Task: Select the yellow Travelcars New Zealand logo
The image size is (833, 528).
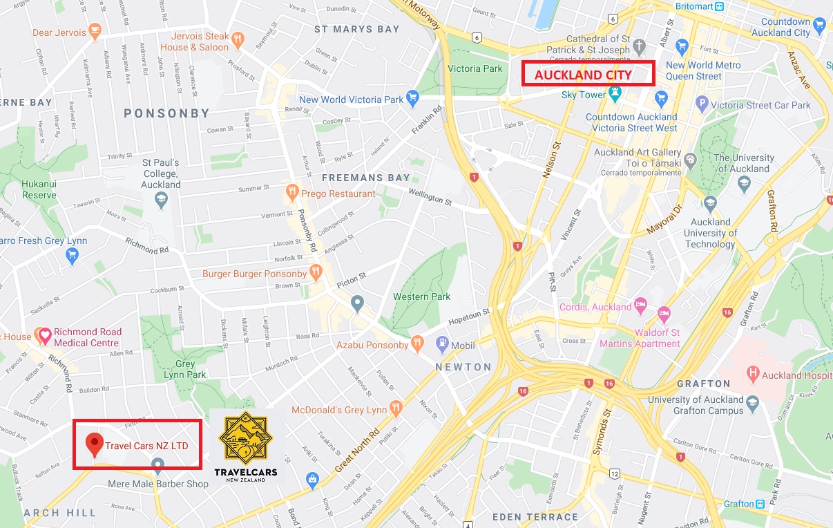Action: (247, 447)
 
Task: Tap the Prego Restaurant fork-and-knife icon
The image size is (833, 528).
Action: (292, 194)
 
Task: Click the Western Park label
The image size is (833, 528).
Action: (421, 296)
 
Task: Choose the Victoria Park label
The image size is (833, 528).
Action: (475, 68)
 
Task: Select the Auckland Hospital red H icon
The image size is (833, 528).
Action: (753, 375)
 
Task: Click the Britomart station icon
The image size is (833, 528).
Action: (720, 6)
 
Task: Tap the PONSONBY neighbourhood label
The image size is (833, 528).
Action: (166, 113)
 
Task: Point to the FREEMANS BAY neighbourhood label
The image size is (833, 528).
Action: (366, 178)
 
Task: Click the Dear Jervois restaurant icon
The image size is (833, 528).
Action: (95, 32)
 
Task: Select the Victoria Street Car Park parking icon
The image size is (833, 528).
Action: (702, 104)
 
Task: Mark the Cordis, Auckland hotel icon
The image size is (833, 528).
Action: (640, 305)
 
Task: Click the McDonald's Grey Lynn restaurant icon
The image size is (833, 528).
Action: (395, 408)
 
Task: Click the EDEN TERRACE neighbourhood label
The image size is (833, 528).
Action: (535, 517)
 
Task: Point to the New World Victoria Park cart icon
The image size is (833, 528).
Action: (412, 97)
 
